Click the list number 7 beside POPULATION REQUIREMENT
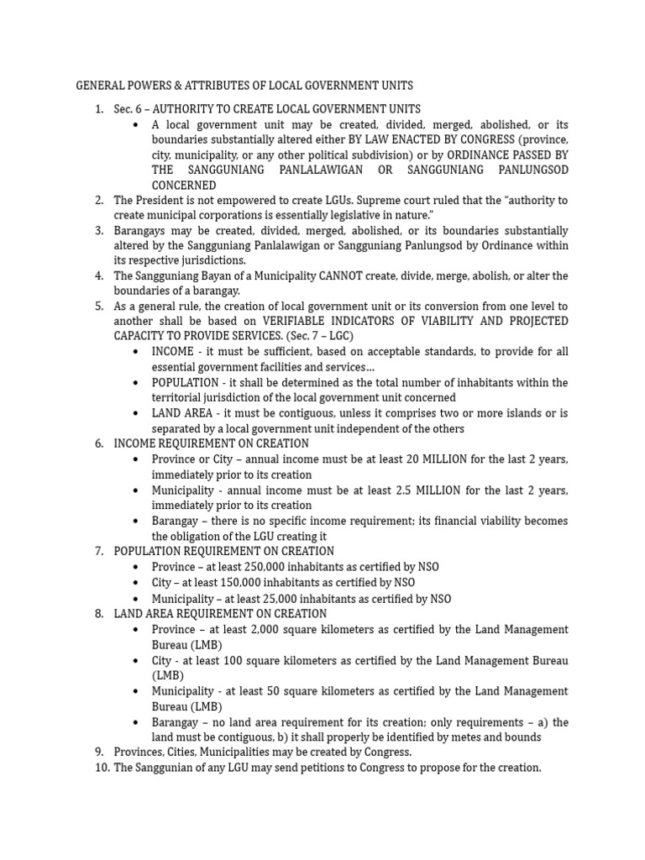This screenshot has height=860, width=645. (99, 551)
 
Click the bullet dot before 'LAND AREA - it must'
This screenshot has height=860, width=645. (135, 413)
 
